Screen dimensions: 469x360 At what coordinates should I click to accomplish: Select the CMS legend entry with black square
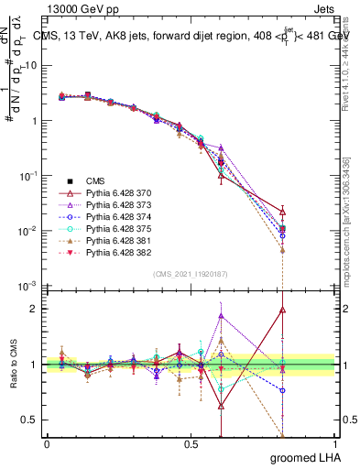click(96, 180)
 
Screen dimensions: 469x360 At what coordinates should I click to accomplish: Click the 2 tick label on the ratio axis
click(36, 309)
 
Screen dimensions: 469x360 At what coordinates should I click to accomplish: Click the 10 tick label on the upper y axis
click(31, 65)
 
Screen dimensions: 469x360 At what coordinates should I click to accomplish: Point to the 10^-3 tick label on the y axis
click(29, 286)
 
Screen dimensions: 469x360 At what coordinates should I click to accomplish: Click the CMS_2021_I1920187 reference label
click(190, 274)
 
